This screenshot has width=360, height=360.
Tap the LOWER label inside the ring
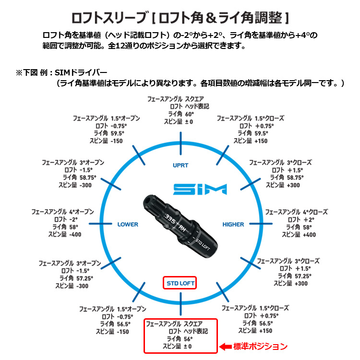128,224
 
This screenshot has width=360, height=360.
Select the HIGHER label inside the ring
233,224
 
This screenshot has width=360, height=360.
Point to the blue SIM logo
200,189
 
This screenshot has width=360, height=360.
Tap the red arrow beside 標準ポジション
226,346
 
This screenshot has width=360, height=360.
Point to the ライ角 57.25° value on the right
301,276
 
